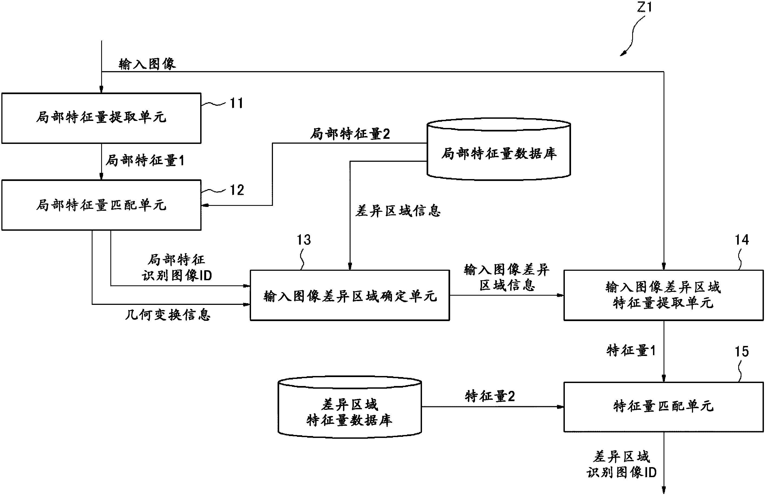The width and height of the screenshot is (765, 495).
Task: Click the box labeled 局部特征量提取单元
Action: [101, 118]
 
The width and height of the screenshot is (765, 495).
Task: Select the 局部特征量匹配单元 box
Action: [101, 205]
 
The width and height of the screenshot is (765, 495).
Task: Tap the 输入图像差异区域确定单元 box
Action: [350, 295]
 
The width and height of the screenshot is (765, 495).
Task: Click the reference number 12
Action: [237, 190]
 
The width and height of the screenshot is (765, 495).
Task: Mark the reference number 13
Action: [304, 240]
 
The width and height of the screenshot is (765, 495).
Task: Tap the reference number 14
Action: [741, 240]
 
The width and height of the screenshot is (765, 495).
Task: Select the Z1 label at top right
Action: [644, 7]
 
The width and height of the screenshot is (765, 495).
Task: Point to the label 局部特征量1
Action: [145, 160]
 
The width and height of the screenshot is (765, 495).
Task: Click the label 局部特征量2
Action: [350, 134]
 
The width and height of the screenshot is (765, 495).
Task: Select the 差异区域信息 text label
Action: [398, 211]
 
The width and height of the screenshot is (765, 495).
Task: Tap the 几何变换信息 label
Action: [167, 315]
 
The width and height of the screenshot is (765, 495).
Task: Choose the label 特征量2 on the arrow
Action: [490, 396]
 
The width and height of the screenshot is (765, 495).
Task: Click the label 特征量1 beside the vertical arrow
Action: [631, 350]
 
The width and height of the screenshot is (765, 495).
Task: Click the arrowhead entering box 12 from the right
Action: [205, 205]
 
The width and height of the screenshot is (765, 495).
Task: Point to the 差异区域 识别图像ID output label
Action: [621, 464]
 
